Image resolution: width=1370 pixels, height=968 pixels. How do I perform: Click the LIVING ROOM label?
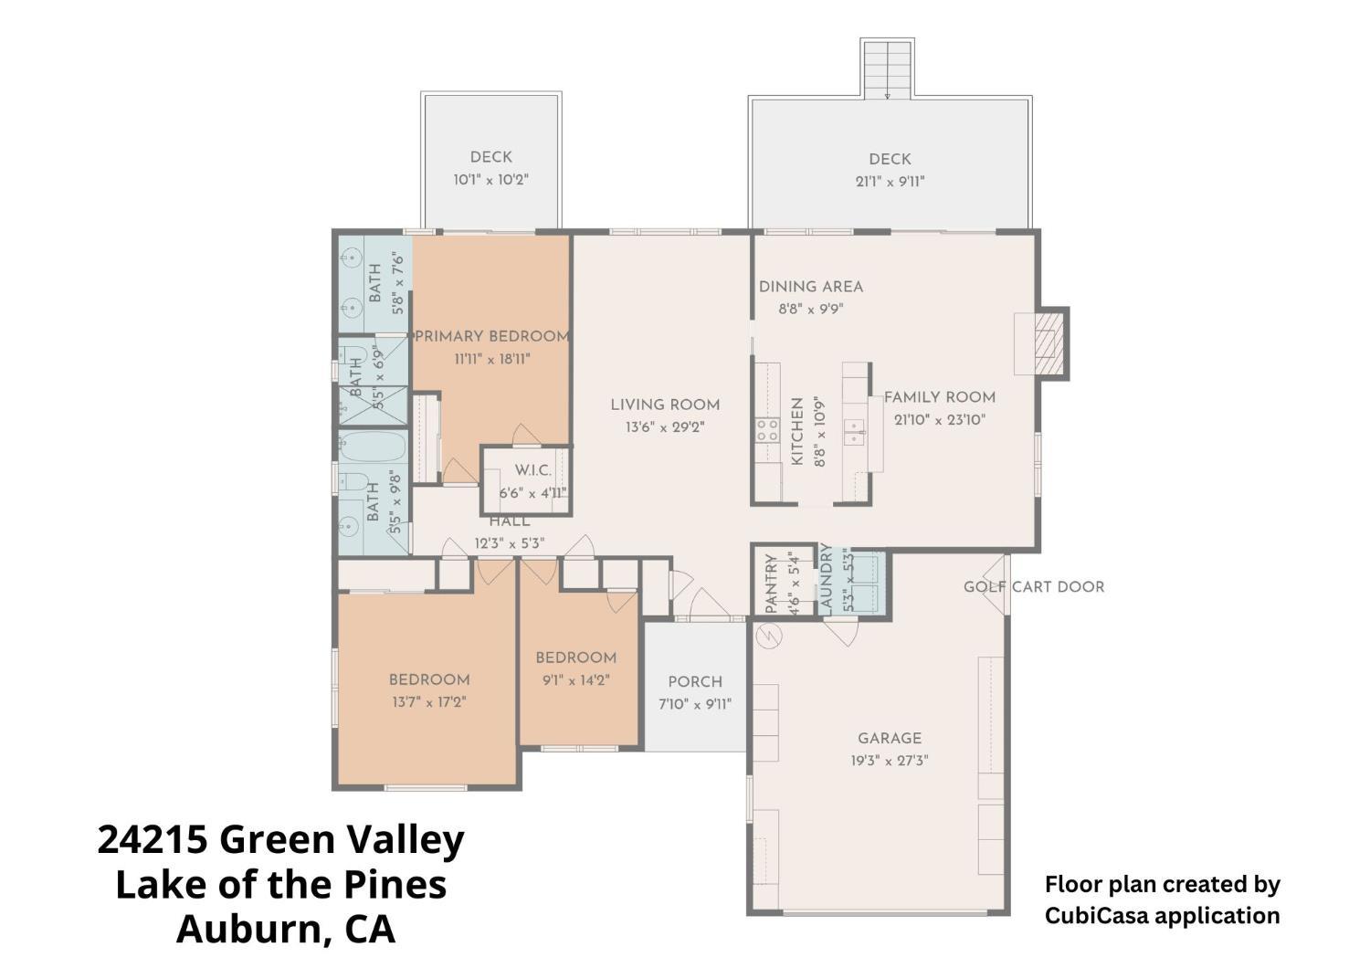coord(665,405)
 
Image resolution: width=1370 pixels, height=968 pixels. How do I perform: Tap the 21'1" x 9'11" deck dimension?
coord(890,182)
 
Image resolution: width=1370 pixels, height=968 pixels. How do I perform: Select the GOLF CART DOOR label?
coord(1034,587)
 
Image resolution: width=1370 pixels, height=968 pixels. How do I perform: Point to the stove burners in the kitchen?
coord(767,430)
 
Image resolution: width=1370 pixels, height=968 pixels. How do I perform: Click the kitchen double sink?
coord(854,433)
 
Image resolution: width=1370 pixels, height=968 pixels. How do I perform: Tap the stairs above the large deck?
coord(888,68)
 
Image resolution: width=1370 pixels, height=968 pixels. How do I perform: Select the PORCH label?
coord(695,682)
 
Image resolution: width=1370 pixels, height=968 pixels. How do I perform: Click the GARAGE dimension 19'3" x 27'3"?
coord(890,761)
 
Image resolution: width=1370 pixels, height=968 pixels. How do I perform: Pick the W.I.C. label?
coord(532,470)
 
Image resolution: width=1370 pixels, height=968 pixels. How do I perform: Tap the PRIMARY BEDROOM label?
coord(492,337)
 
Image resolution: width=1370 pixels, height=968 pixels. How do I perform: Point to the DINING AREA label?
coord(811,287)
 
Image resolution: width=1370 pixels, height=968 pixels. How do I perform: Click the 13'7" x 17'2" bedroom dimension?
coord(429,702)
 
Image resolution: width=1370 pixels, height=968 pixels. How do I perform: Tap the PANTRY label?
coord(771,584)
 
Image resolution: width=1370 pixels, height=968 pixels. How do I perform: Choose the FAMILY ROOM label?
coord(940,397)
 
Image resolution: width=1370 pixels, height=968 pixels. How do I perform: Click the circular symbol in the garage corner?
coord(768,636)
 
